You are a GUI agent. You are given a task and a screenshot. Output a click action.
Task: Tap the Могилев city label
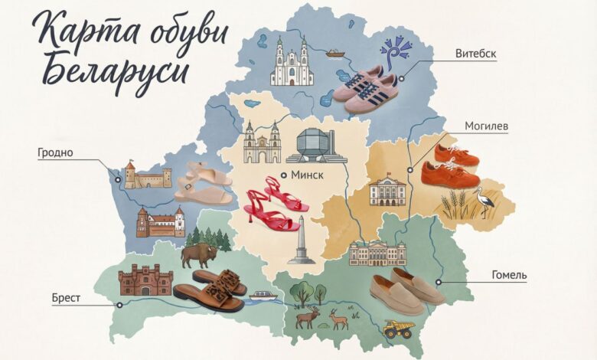tap(487, 126)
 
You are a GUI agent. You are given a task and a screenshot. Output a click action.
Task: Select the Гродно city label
tap(55, 152)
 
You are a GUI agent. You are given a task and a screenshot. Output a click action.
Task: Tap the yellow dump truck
tap(400, 329)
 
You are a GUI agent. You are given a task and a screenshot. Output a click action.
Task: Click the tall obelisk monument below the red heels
tap(301, 241)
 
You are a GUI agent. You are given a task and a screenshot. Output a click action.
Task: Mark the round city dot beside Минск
tap(283, 175)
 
